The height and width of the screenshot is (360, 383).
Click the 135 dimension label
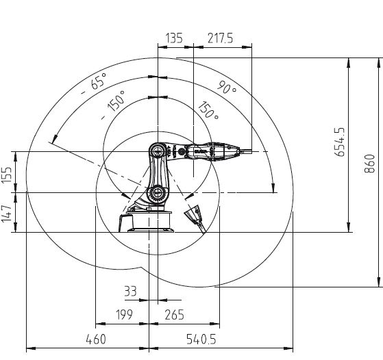click(x=174, y=38)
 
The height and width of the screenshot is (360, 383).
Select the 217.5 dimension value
click(x=221, y=38)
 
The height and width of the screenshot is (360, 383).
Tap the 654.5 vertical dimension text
click(x=340, y=142)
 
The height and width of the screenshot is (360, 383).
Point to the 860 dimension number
click(x=369, y=164)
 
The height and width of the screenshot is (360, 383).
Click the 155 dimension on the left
click(x=7, y=175)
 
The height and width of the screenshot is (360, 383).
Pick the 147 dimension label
click(x=7, y=214)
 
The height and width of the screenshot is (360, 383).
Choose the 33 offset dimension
click(x=130, y=291)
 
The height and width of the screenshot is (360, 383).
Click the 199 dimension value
click(x=124, y=315)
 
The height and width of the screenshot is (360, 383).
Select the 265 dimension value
click(x=175, y=315)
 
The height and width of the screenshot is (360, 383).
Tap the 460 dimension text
click(x=96, y=339)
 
